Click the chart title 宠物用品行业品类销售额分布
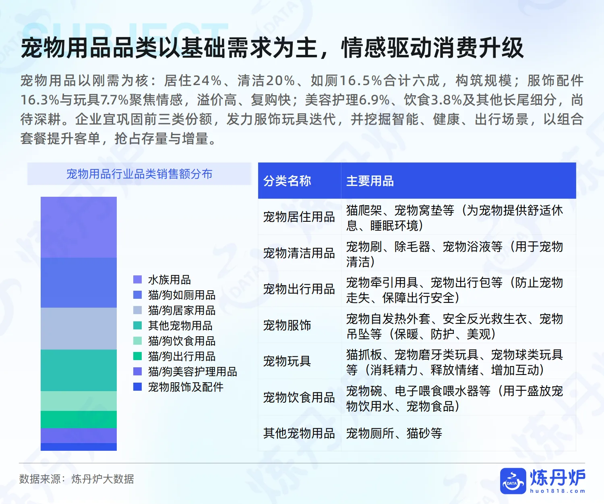point(139,174)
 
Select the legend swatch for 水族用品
point(137,279)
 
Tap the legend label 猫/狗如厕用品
point(182,295)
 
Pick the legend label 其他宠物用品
point(180,325)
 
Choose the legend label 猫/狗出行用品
point(182,356)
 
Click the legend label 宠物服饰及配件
point(186,387)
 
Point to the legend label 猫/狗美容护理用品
point(192,371)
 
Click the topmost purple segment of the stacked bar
point(79,227)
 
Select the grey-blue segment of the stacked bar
point(79,328)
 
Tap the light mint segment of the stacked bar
point(79,401)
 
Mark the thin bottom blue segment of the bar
point(79,447)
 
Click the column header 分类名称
point(287,181)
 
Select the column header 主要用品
point(370,181)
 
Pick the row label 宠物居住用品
point(299,217)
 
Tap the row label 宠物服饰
point(287,325)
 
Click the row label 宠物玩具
point(287,361)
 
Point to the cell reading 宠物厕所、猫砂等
point(394,433)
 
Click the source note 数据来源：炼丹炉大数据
point(77,479)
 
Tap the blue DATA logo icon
point(513,481)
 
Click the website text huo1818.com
point(557,491)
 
